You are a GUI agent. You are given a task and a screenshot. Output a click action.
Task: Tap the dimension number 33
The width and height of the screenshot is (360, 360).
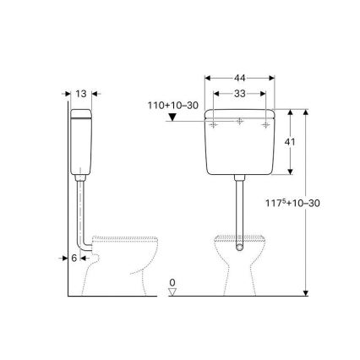[241, 94]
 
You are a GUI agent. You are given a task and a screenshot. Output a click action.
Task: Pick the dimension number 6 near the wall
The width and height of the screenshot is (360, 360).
[74, 258]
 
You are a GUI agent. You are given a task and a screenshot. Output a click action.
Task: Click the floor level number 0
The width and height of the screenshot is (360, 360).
[172, 281]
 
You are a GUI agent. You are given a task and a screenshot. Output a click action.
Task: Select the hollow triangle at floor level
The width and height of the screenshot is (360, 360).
[172, 292]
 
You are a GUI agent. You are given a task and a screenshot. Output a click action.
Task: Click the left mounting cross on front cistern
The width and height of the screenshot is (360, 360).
[215, 125]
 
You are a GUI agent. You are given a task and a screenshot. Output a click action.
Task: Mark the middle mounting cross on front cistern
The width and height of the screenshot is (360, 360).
[241, 125]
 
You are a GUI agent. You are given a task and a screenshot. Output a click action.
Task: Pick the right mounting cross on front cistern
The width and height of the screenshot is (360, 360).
[268, 125]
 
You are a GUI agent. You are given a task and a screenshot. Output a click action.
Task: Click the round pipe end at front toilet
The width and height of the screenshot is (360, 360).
[241, 250]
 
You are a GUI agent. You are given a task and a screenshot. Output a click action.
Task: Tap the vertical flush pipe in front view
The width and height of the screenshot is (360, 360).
[241, 211]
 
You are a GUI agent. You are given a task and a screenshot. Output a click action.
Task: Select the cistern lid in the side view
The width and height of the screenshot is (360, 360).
[81, 114]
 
